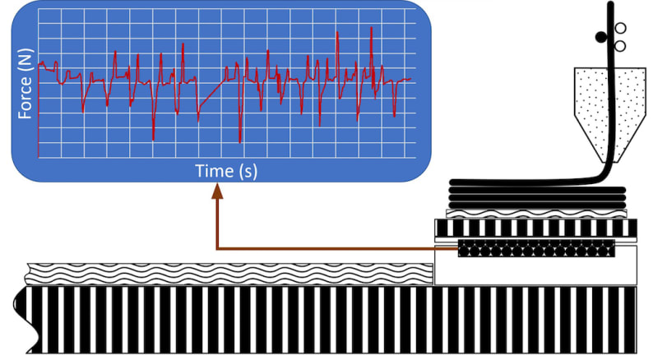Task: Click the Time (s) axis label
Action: pyautogui.click(x=226, y=171)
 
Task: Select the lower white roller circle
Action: pyautogui.click(x=620, y=46)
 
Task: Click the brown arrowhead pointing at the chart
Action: pyautogui.click(x=218, y=191)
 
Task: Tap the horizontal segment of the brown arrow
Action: pyautogui.click(x=329, y=246)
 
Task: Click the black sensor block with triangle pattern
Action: pyautogui.click(x=536, y=246)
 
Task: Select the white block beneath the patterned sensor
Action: pyautogui.click(x=535, y=270)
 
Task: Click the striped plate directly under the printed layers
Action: pyautogui.click(x=536, y=226)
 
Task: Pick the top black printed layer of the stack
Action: pyautogui.click(x=526, y=182)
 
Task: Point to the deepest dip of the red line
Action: pyautogui.click(x=240, y=141)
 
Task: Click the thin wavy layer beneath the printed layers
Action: pyautogui.click(x=536, y=212)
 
